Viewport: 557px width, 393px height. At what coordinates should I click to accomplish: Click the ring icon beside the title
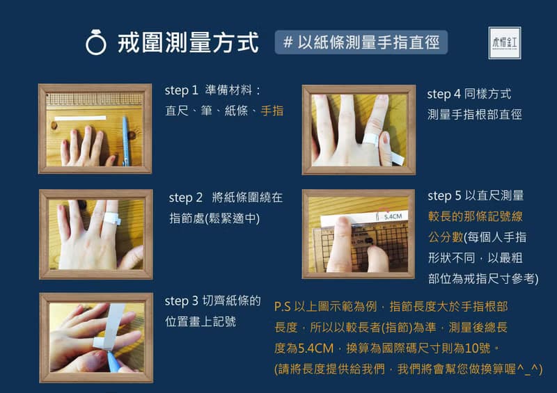click(x=95, y=42)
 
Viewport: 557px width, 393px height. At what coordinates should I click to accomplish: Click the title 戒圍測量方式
click(x=189, y=42)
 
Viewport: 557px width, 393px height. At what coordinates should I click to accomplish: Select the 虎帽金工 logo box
click(x=505, y=42)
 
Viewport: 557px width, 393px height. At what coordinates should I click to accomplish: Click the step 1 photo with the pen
click(x=95, y=129)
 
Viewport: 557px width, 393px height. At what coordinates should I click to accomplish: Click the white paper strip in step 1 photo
click(x=80, y=118)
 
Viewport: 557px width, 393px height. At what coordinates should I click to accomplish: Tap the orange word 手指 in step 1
click(x=272, y=110)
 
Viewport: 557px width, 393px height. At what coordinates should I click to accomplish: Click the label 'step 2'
click(x=185, y=198)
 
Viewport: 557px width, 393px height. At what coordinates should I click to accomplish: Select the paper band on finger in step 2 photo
click(x=111, y=221)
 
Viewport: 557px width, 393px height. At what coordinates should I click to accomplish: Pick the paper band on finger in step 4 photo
click(x=372, y=140)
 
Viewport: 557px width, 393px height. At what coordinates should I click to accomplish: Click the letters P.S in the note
click(x=284, y=306)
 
